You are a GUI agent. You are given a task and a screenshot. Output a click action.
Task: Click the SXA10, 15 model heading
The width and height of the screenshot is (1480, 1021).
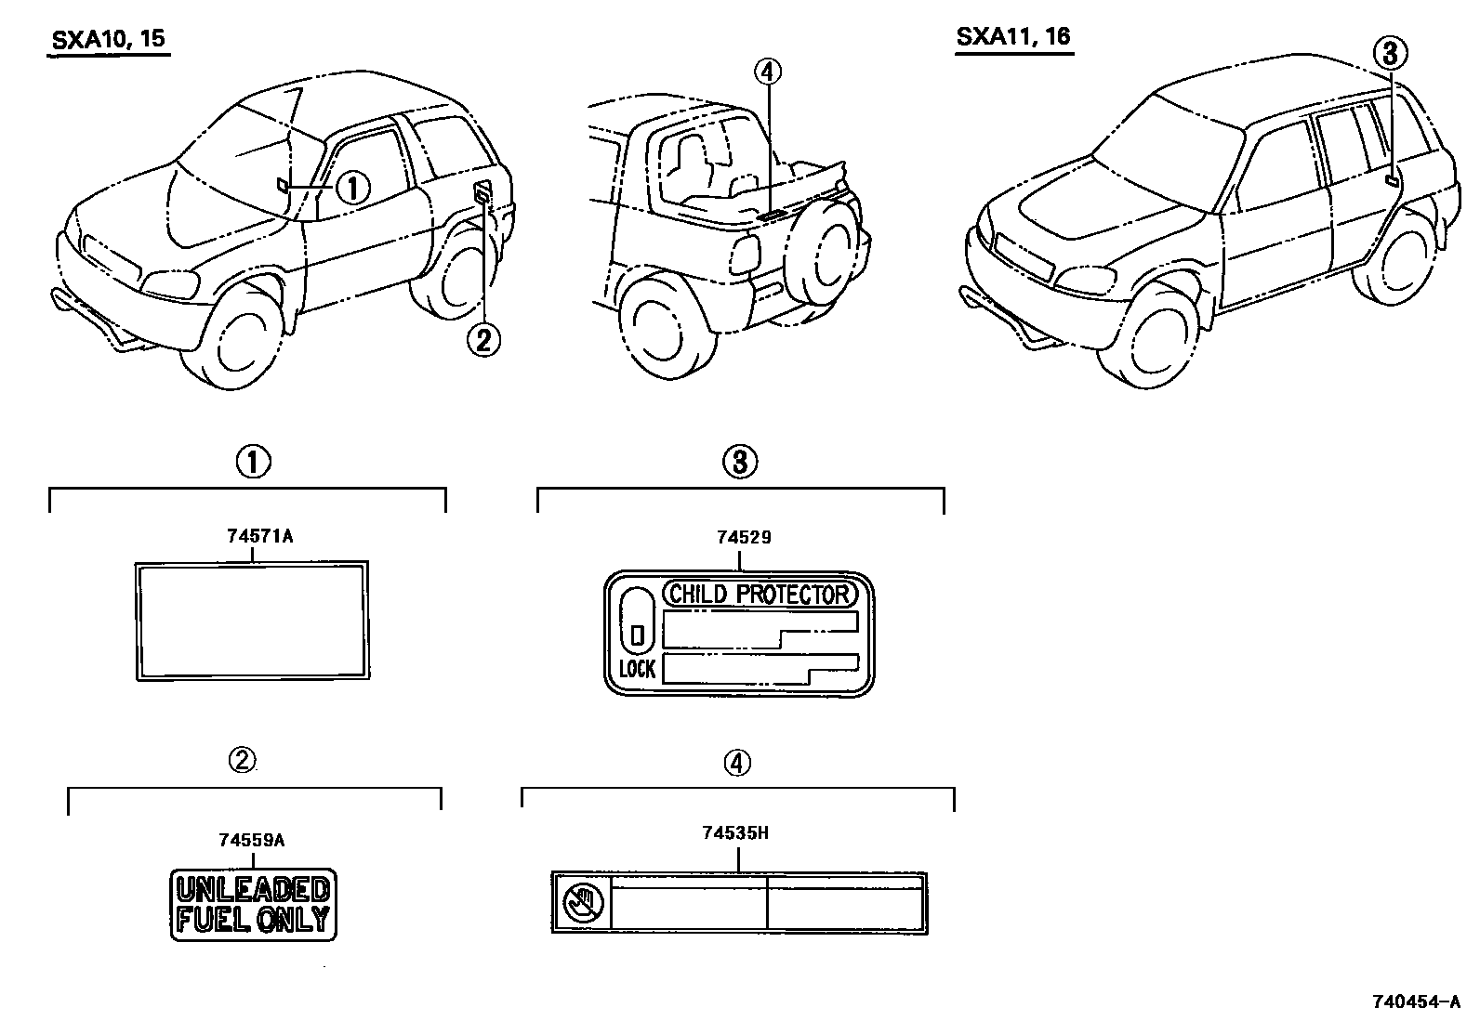point(108,40)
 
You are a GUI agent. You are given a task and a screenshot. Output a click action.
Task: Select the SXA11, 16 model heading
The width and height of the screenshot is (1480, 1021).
point(1014,37)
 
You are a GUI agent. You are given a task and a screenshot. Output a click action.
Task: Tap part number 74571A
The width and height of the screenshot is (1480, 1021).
point(253,536)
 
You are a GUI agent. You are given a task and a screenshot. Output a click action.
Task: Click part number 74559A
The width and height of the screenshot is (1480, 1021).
point(251,840)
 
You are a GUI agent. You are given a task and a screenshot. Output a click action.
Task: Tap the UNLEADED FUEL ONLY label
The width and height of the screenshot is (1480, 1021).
point(253,904)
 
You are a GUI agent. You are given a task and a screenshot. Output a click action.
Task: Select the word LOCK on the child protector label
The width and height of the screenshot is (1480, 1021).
point(637,669)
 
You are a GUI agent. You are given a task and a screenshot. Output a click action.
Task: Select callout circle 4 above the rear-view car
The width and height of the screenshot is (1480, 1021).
point(769,71)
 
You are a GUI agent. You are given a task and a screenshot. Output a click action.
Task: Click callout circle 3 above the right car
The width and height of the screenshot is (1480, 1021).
point(1389,54)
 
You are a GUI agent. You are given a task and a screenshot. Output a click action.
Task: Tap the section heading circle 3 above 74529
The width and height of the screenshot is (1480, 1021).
point(740,462)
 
